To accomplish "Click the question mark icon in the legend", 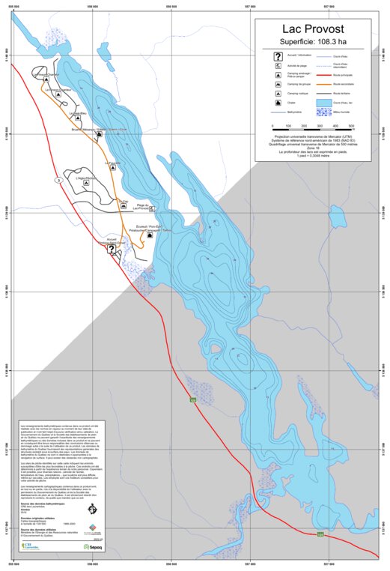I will [x=278, y=56].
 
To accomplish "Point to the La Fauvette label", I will [x=115, y=162].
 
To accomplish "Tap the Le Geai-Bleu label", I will [x=78, y=114].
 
